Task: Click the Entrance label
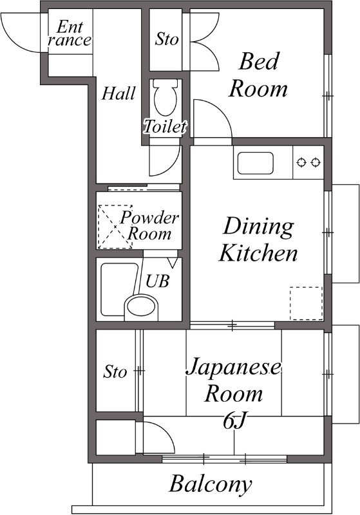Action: (x=70, y=33)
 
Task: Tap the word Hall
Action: (x=118, y=94)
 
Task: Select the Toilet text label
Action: (x=165, y=127)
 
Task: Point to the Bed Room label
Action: (x=258, y=75)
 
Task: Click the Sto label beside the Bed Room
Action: (x=167, y=39)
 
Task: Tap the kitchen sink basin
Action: (x=256, y=164)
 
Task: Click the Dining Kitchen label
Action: (x=258, y=239)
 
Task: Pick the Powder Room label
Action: (x=149, y=225)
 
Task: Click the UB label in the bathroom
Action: (x=158, y=281)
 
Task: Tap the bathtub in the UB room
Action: (x=120, y=288)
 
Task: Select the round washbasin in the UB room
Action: (x=142, y=307)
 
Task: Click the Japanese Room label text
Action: (x=233, y=380)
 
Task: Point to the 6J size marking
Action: (x=234, y=421)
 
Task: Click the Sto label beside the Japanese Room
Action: (x=115, y=371)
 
